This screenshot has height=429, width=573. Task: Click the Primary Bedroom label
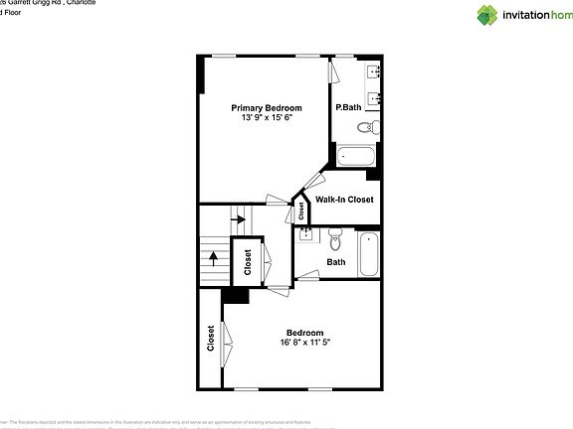pos(267,107)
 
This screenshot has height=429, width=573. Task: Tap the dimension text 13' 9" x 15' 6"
pos(267,118)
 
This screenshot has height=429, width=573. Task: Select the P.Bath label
pos(347,107)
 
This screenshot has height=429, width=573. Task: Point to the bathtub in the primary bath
pos(355,156)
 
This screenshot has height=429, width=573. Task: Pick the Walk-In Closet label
pos(344,200)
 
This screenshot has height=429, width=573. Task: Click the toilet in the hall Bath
pos(335,240)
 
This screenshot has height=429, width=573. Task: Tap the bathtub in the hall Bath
pos(368,254)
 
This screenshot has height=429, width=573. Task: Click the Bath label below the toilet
pos(335,262)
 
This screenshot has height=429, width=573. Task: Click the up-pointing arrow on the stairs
pos(213,261)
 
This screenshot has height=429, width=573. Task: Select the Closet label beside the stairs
pos(248,263)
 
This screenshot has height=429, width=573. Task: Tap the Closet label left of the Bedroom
pos(211,339)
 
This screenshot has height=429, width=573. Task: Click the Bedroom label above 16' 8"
pos(304,333)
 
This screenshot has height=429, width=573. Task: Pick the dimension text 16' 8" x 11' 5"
pos(304,344)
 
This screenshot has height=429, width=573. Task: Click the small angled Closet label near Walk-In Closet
pos(300,211)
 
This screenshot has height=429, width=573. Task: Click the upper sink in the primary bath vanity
pos(375,71)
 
